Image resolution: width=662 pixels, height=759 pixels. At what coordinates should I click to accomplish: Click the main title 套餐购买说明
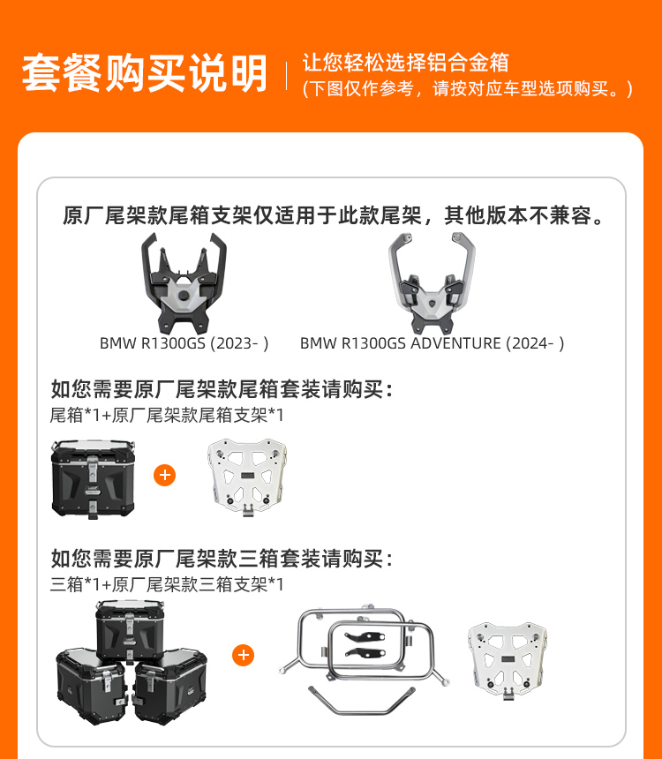(x=144, y=72)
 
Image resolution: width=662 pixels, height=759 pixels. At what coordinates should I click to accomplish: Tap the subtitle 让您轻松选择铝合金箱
(x=406, y=63)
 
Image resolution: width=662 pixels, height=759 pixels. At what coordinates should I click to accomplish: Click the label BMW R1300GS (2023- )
(x=184, y=343)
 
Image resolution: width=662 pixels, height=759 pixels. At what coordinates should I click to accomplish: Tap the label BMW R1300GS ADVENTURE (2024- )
(x=432, y=343)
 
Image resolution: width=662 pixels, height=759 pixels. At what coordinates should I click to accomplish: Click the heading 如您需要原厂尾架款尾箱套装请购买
(x=222, y=389)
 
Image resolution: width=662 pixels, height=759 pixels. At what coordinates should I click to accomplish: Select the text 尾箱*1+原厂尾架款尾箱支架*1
(x=167, y=415)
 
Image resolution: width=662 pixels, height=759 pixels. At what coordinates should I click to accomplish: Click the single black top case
(x=93, y=478)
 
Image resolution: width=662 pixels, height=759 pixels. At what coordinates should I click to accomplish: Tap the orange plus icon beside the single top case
(x=165, y=476)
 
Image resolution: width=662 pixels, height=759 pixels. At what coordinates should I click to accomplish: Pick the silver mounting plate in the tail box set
(x=247, y=477)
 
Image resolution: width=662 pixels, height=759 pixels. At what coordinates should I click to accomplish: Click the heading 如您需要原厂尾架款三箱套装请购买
(x=222, y=559)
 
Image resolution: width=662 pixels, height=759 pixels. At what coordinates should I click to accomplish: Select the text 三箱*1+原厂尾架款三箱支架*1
(x=167, y=584)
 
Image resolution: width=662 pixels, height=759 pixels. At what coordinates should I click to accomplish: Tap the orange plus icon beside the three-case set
(x=243, y=655)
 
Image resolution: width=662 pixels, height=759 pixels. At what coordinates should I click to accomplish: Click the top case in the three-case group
(x=131, y=631)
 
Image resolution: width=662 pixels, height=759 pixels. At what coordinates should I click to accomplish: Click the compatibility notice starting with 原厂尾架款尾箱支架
(x=334, y=215)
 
